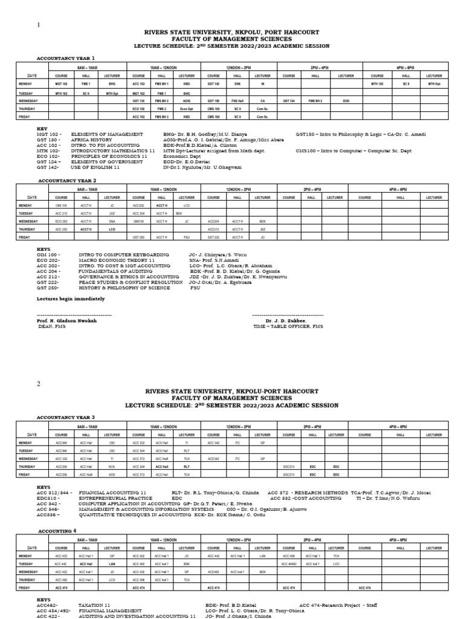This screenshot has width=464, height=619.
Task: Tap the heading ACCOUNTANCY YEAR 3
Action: point(66,417)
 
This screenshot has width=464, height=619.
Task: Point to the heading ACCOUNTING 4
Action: point(57,531)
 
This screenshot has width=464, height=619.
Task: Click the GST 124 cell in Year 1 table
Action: point(289,100)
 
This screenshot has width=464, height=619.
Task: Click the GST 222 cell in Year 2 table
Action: point(214,238)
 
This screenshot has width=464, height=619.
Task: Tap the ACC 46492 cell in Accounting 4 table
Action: point(289,563)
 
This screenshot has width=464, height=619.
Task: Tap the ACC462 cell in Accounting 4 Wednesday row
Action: point(214,571)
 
